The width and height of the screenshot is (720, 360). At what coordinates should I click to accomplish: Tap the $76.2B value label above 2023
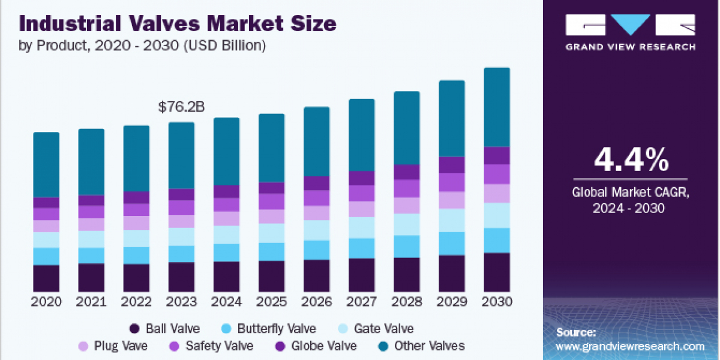tap(181, 107)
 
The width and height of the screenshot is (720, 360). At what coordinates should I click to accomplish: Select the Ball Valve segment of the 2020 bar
tap(46, 278)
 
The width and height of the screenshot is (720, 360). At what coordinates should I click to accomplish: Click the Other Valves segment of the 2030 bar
tap(497, 107)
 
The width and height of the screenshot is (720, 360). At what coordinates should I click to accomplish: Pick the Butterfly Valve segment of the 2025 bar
tap(271, 251)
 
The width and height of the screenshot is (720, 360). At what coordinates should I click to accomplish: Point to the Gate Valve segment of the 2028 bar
tap(407, 224)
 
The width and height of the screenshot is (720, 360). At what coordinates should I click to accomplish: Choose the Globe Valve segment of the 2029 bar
tap(452, 165)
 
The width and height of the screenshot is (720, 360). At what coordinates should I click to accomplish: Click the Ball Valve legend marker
tap(135, 329)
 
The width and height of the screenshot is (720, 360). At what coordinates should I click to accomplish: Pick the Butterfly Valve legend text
tap(277, 329)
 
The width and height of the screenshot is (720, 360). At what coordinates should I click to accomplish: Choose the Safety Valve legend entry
tap(211, 346)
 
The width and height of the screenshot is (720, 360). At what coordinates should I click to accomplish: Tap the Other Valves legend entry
tap(421, 346)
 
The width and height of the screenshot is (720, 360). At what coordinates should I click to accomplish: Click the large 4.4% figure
tap(631, 160)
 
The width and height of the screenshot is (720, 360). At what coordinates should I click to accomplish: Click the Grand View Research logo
tap(631, 32)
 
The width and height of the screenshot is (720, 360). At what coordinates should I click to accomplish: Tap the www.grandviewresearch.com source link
tap(630, 346)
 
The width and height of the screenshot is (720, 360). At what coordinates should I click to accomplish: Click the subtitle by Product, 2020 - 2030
tap(143, 45)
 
